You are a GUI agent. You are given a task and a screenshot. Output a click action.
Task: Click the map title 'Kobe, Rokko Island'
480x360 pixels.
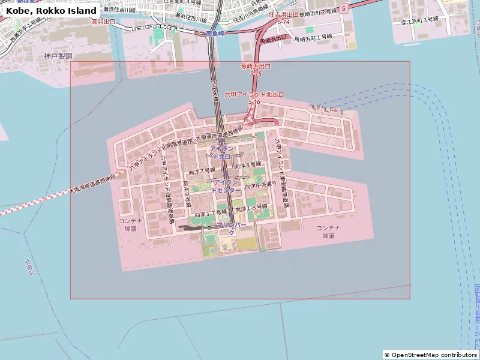tap(52, 11)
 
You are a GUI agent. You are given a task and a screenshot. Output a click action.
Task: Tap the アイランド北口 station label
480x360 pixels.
tap(221, 152)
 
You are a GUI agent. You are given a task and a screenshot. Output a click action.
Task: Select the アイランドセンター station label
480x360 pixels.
tap(226, 185)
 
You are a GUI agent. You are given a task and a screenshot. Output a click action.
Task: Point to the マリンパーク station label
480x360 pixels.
tap(231, 228)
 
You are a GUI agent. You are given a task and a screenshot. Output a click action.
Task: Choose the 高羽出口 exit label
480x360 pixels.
tap(103, 21)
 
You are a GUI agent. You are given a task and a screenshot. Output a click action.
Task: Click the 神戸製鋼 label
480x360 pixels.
tap(58, 56)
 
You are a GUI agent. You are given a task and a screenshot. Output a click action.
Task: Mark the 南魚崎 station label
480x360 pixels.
tap(214, 34)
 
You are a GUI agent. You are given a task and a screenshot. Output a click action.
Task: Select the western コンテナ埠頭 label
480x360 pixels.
tap(130, 225)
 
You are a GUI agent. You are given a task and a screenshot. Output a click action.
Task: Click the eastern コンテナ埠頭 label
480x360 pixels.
tap(328, 232)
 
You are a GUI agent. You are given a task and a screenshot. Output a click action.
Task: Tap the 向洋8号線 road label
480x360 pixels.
tap(248, 164)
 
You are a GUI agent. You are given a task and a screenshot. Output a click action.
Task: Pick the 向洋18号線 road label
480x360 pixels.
tap(251, 207)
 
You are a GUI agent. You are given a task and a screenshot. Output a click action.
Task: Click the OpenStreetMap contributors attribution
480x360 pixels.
tap(430, 355)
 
